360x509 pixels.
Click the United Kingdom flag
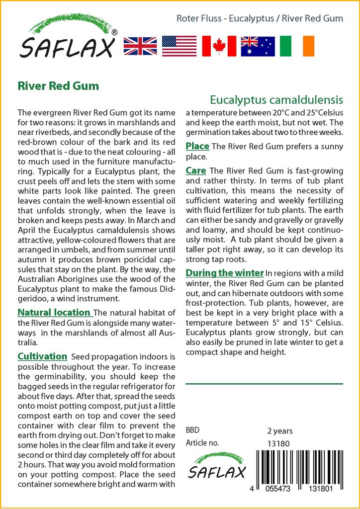click(140, 46)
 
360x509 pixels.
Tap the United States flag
click(180, 46)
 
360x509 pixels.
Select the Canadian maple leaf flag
click(219, 46)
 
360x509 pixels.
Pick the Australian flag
click(258, 46)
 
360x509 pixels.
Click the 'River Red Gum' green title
click(58, 85)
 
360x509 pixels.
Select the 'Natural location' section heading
click(54, 313)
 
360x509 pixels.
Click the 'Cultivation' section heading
click(42, 356)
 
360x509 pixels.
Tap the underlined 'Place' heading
click(197, 146)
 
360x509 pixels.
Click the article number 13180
click(278, 443)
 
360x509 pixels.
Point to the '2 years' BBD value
click(280, 430)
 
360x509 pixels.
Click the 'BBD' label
click(193, 430)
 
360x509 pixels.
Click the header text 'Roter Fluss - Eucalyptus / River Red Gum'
click(260, 18)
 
